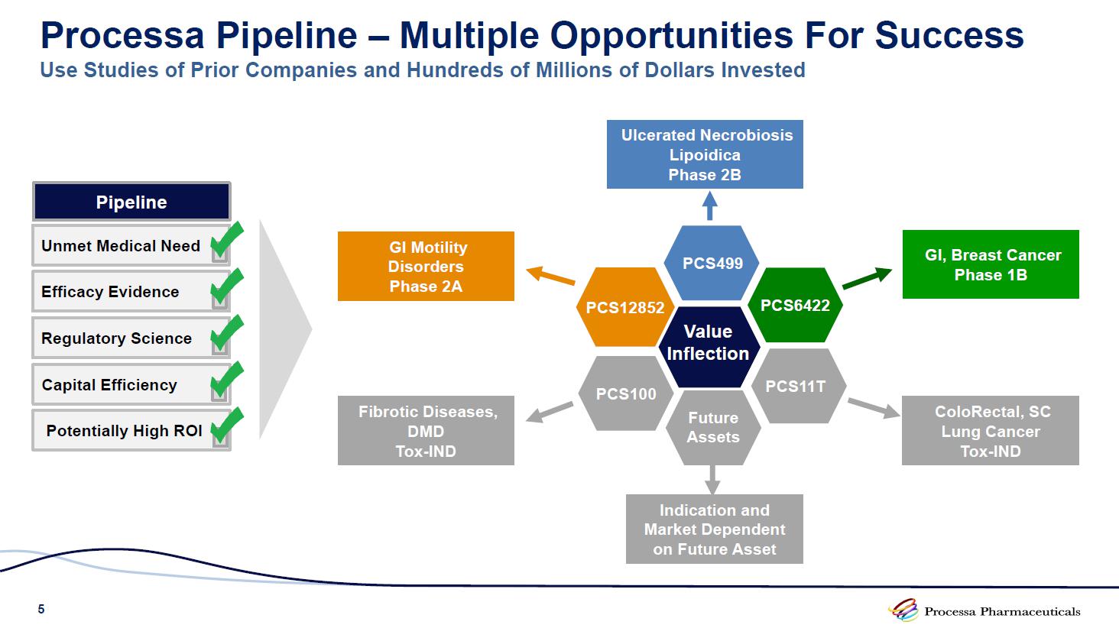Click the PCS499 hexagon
[x=712, y=263]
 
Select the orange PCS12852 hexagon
[x=625, y=307]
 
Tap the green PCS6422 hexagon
[x=795, y=306]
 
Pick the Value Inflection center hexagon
[x=708, y=343]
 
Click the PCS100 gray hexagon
[x=626, y=393]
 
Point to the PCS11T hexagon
[x=796, y=386]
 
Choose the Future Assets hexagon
[x=713, y=427]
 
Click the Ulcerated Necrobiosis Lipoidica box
[x=705, y=154]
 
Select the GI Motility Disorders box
[x=426, y=266]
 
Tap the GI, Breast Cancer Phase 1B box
[x=991, y=264]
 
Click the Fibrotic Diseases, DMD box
[x=426, y=431]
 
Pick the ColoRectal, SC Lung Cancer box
[x=991, y=431]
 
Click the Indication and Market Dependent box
[x=715, y=529]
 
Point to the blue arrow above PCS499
[x=710, y=206]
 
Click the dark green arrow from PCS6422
[x=867, y=278]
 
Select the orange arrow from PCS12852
[x=550, y=275]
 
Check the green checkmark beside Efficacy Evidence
[x=226, y=288]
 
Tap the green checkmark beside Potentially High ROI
[x=226, y=426]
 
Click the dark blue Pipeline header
[x=131, y=202]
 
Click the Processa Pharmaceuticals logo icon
[x=903, y=610]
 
